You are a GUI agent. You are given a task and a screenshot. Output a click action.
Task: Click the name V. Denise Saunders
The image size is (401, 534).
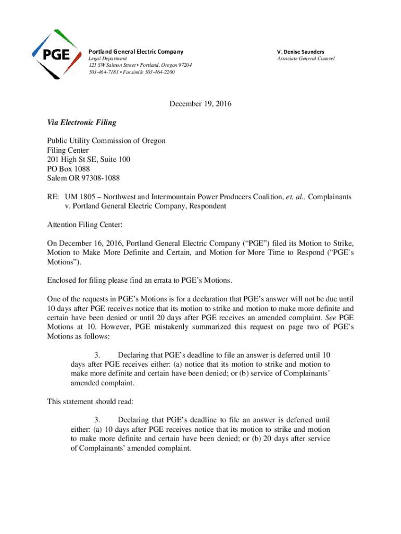pos(300,52)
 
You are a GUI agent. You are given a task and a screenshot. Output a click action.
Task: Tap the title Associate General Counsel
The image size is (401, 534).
pos(306,58)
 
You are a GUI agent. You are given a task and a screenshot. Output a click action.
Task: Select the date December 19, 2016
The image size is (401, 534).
pos(200,104)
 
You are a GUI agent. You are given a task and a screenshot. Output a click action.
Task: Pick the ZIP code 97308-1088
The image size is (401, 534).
pos(99,178)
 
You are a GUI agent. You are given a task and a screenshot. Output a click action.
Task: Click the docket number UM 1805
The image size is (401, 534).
pos(81,197)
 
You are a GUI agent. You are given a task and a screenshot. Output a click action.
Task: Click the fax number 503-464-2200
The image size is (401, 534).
pos(158,72)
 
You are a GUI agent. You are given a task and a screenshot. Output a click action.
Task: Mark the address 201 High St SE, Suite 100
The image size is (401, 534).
pos(89,159)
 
